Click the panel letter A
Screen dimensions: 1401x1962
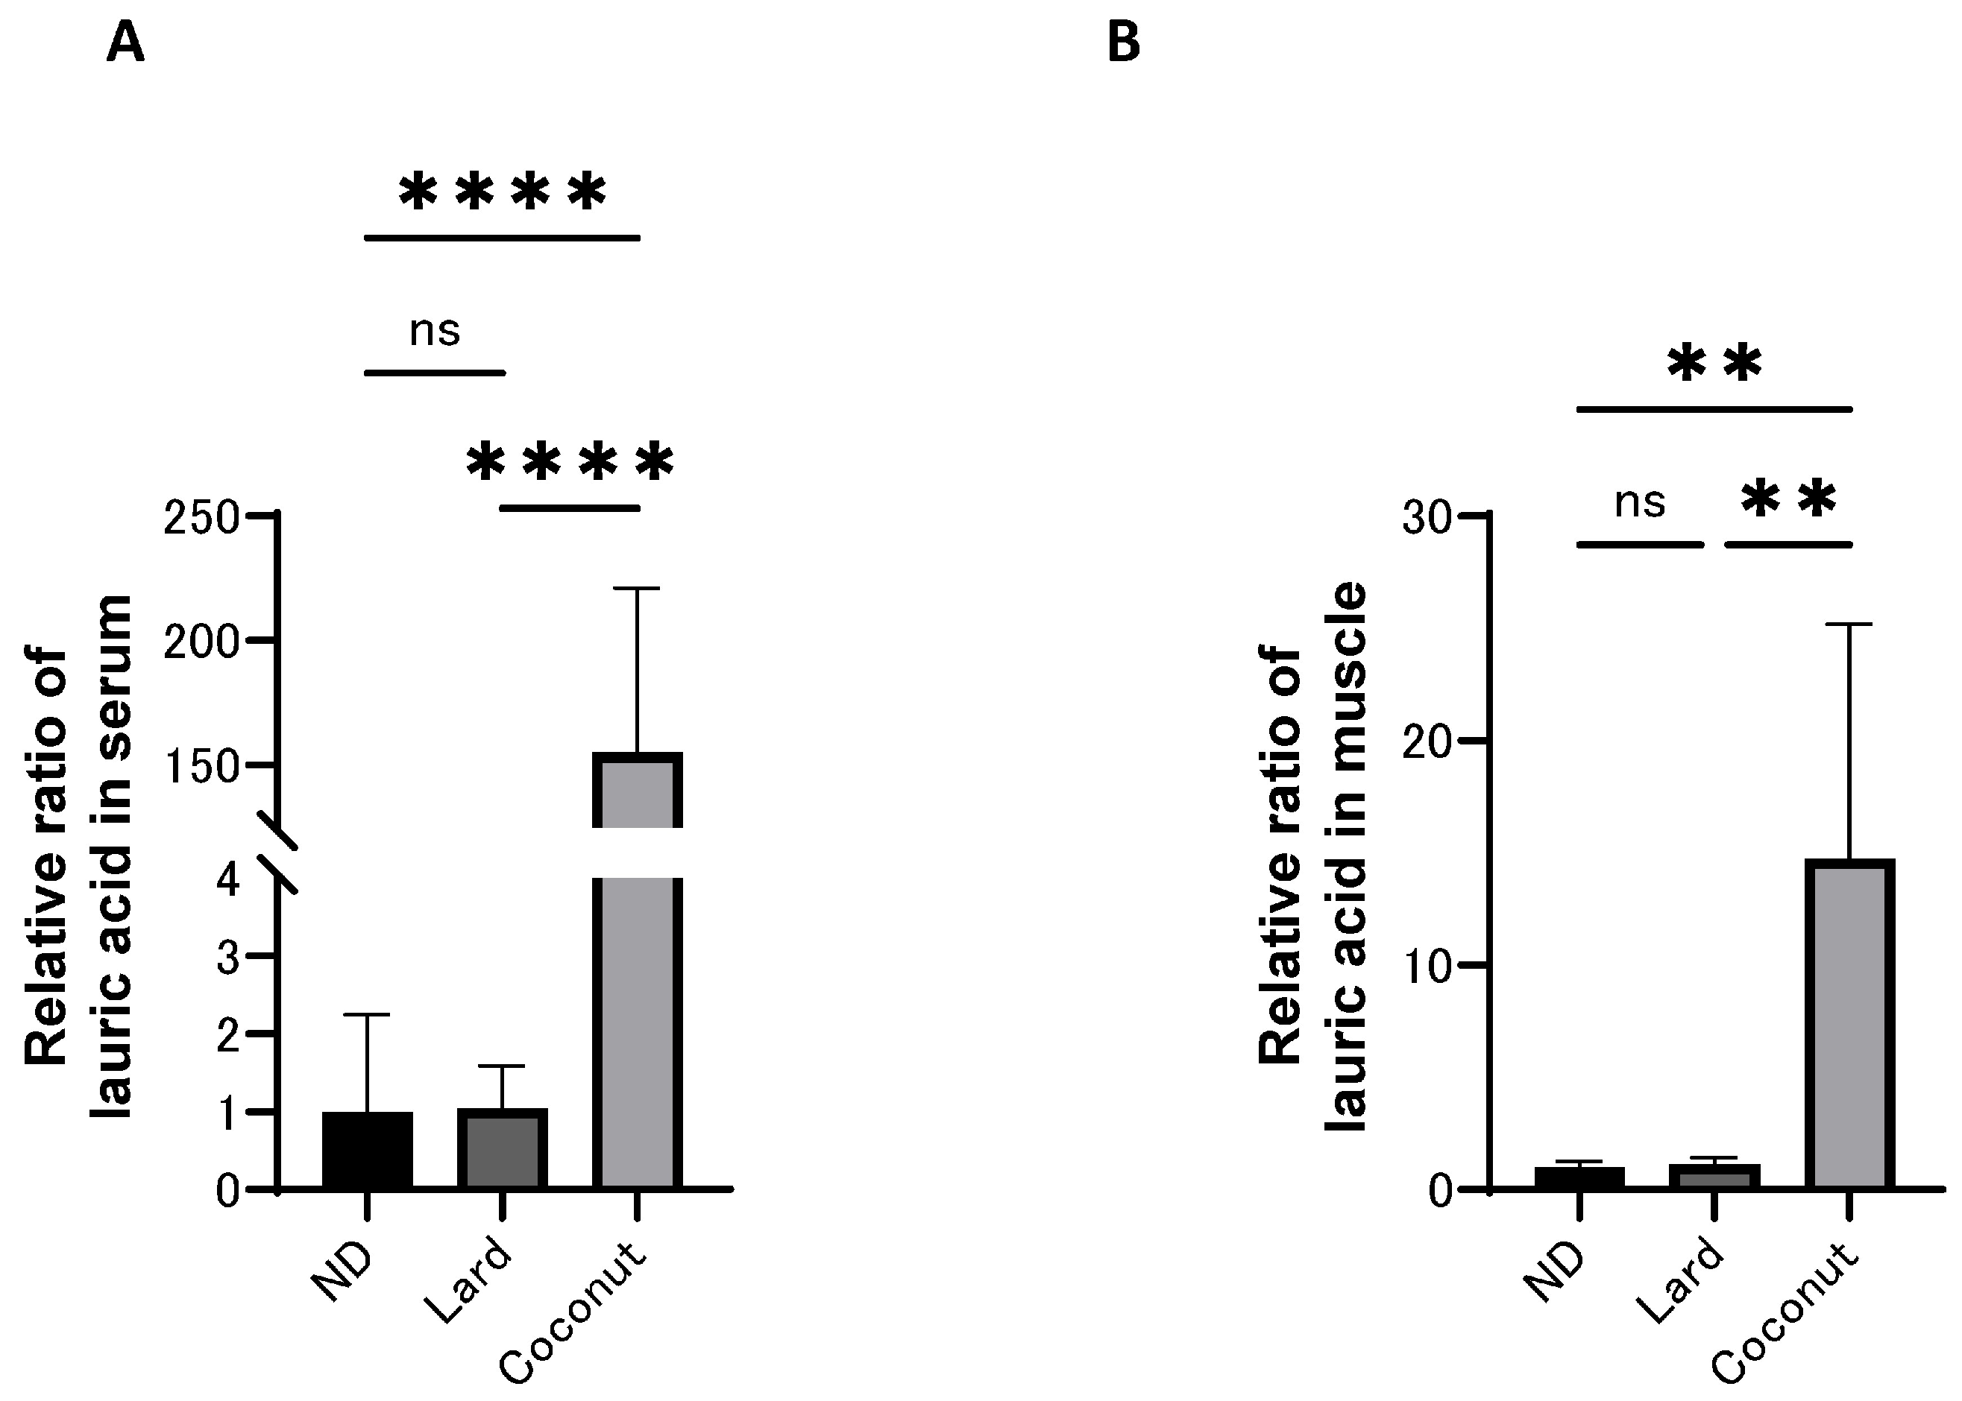[125, 43]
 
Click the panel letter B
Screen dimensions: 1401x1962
[1123, 43]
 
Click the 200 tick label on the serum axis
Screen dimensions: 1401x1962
[201, 642]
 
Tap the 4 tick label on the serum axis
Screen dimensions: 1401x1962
[229, 881]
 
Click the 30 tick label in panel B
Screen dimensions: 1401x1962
[1425, 519]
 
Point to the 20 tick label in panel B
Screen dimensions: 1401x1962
[1425, 742]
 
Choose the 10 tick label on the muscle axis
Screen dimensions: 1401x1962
[1425, 967]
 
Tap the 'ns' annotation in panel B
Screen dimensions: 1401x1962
[1639, 502]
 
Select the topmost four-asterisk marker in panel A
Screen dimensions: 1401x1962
[503, 192]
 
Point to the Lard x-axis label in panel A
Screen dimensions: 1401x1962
[471, 1281]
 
